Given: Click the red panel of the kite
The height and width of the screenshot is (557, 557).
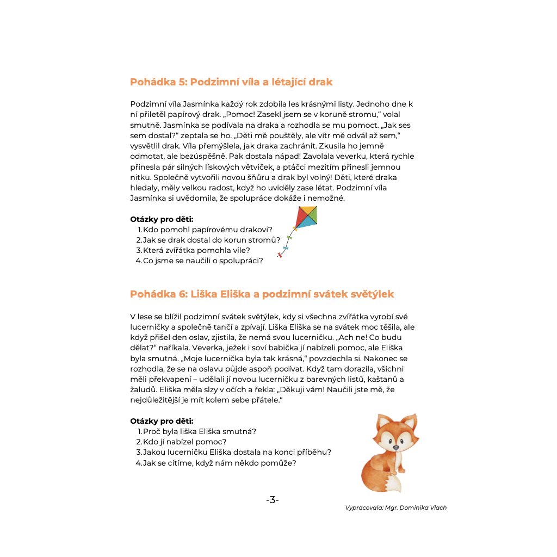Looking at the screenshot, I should (x=301, y=218).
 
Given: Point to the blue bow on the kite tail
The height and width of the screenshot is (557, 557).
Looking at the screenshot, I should (x=286, y=248).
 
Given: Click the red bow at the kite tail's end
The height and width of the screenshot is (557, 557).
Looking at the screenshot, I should (x=280, y=255).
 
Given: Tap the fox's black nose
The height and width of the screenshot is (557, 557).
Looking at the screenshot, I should (x=396, y=447).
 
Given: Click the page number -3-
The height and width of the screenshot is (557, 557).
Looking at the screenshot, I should (x=273, y=500).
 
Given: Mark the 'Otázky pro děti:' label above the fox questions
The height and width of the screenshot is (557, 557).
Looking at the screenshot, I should (x=162, y=420).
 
